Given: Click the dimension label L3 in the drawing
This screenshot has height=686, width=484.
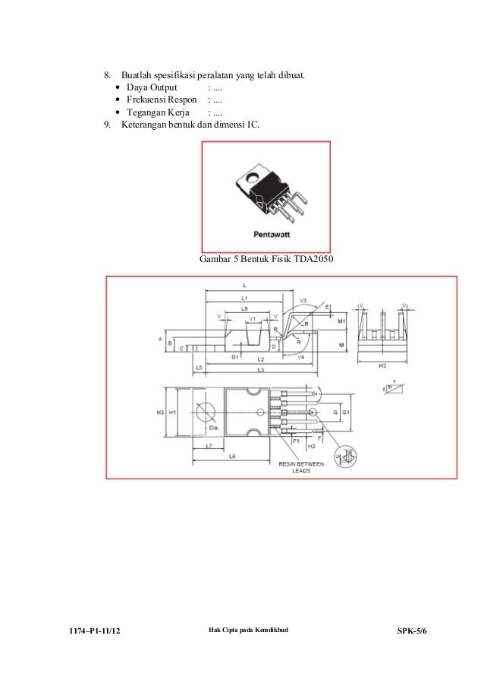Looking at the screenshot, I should click(x=260, y=369).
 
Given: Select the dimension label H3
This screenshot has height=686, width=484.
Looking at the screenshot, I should click(x=161, y=412).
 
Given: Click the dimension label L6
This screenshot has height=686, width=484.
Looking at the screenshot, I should click(x=233, y=456).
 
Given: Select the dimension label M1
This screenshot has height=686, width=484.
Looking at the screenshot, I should click(x=341, y=321).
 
